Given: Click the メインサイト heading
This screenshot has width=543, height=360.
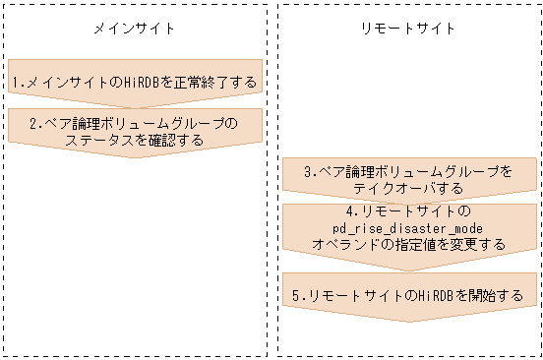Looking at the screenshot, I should point(134,29).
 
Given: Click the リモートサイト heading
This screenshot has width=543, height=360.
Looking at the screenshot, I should point(408,29).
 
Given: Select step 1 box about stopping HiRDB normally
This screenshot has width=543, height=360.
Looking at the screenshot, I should point(134,82).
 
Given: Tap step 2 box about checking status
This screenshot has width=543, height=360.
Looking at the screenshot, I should point(134,132).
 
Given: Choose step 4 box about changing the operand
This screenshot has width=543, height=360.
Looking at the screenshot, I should point(408,228).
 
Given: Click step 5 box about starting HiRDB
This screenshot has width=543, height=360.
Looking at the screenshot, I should point(408,294).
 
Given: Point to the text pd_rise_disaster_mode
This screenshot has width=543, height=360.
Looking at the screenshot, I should point(408,228).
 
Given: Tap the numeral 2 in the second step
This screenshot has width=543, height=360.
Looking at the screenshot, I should point(32,124).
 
